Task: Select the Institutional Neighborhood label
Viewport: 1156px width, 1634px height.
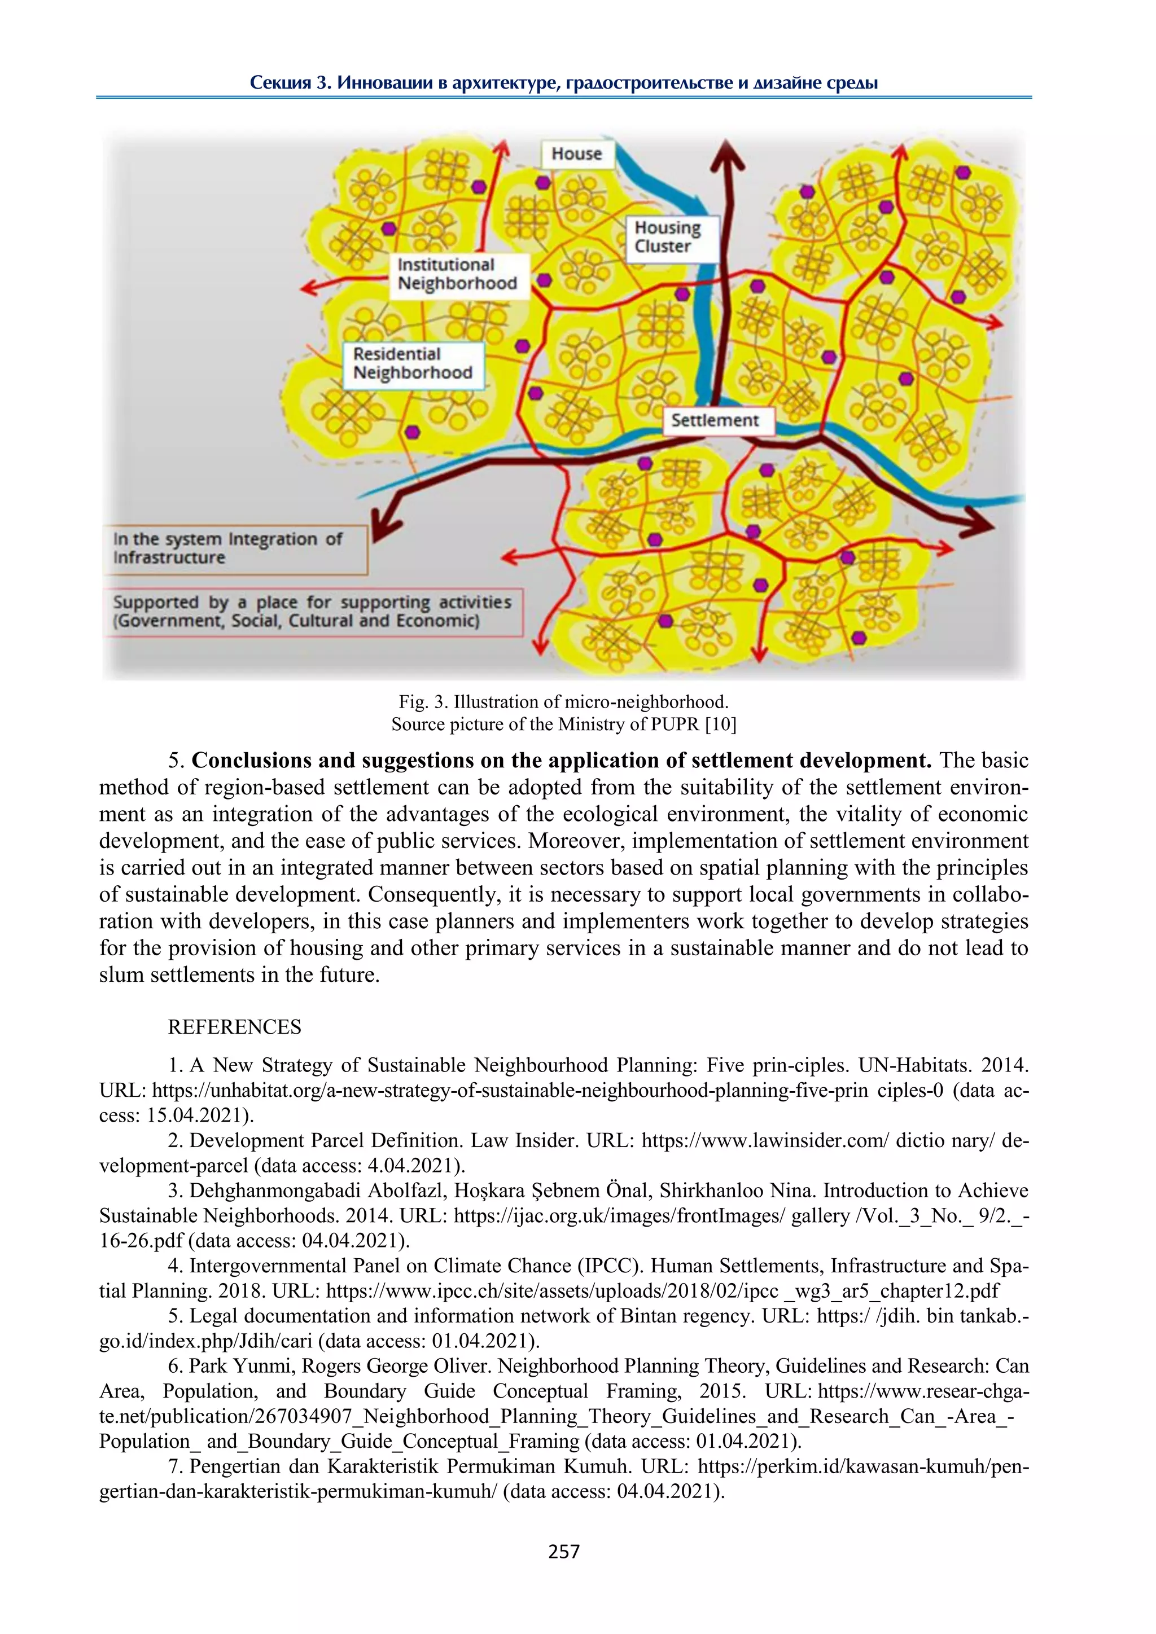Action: tap(458, 275)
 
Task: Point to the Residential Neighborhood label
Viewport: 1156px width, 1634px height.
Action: tap(413, 364)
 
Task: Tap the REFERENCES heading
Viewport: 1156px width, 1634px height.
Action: tap(234, 1027)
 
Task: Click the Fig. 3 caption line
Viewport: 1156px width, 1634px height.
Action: tap(563, 702)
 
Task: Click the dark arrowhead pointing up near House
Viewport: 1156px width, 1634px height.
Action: tap(727, 155)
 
